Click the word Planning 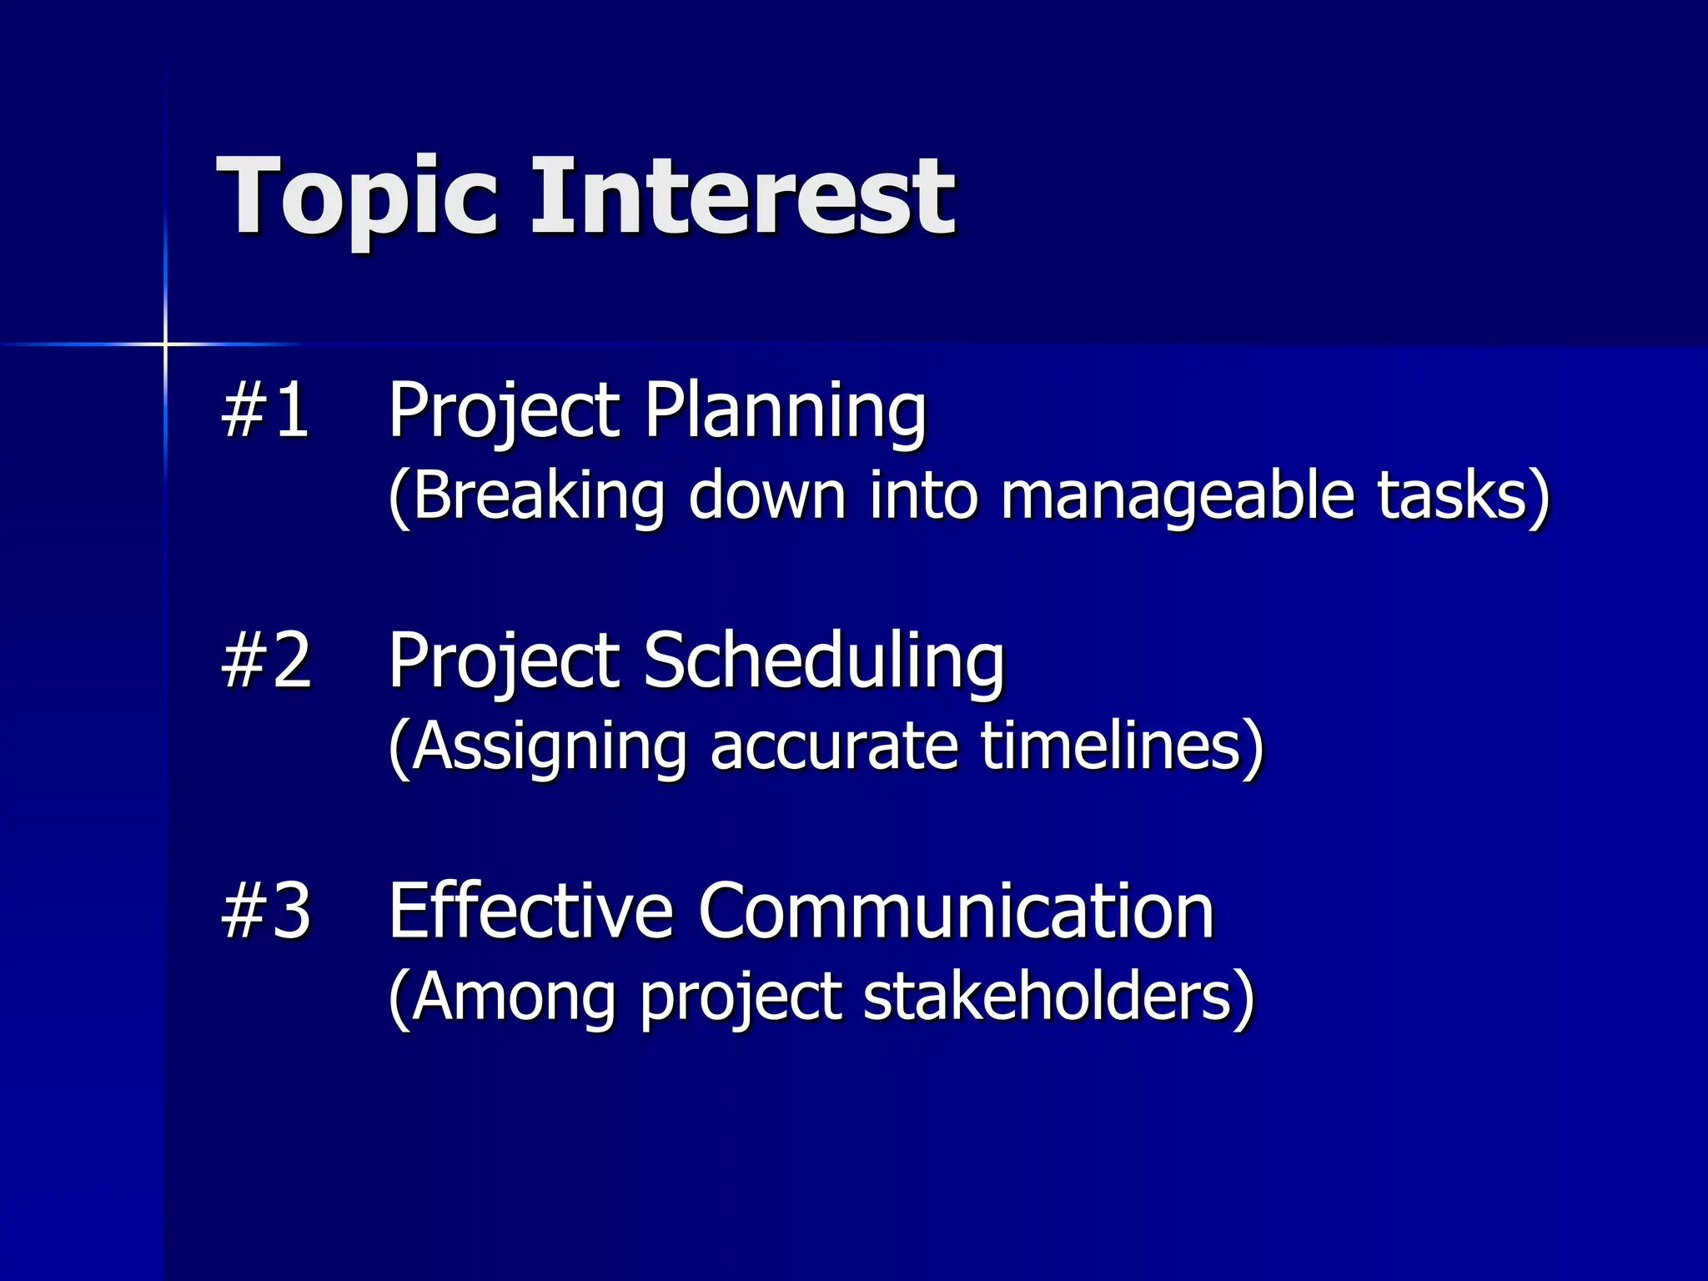pos(785,410)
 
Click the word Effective pos(530,911)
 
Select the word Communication pos(956,911)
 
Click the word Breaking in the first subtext pos(537,495)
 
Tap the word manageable pos(1177,497)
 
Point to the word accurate pos(834,746)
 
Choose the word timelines pos(1113,746)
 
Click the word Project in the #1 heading pos(504,410)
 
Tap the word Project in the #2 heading pos(504,661)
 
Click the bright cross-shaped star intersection pos(165,344)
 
